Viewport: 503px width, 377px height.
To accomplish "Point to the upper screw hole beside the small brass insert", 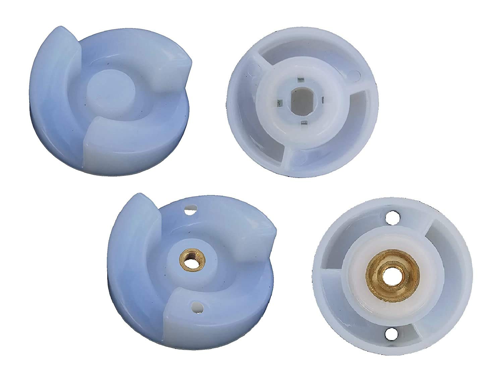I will coord(190,211).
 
